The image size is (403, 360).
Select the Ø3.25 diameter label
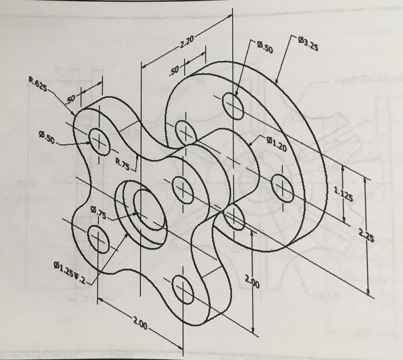coord(308,44)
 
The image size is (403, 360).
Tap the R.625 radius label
coord(38,84)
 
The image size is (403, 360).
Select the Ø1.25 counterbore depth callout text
coord(69,271)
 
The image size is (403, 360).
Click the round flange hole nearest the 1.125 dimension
coord(283,188)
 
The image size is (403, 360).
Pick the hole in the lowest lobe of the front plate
coord(183,290)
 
